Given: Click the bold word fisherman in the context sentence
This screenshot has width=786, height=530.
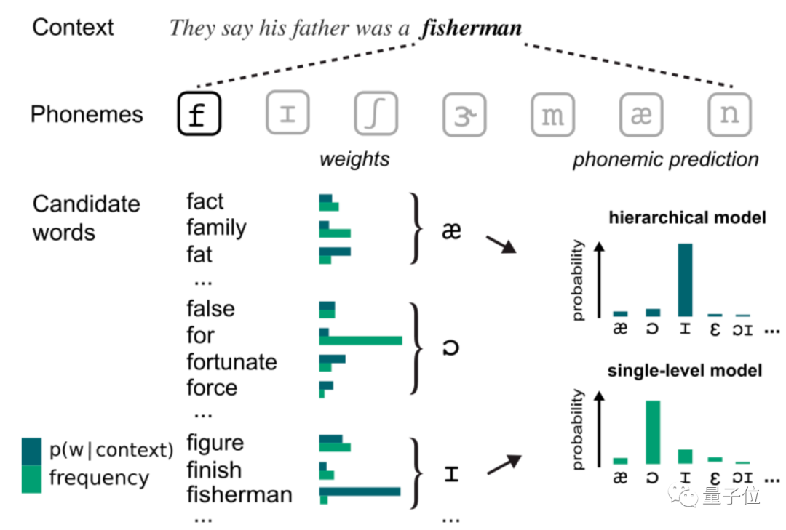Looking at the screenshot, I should point(472,28).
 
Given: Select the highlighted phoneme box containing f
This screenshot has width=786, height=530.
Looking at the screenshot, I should point(198,115).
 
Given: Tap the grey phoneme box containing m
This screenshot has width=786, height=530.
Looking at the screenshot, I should point(552,115).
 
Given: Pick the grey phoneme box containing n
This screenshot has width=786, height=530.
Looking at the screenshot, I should point(729,115).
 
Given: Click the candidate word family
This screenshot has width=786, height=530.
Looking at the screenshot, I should point(216,228).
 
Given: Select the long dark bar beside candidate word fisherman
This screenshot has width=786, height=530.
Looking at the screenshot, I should point(360,491).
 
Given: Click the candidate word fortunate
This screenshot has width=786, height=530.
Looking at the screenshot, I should point(231,362).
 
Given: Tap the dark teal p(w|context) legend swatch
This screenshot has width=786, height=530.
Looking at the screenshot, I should point(31,450).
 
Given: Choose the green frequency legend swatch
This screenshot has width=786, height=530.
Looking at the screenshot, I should point(31,478).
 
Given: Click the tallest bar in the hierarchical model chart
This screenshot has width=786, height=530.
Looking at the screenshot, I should point(686,280).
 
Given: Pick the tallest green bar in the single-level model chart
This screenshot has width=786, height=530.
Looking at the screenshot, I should point(653,433).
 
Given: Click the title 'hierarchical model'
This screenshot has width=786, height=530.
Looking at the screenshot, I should point(687,217).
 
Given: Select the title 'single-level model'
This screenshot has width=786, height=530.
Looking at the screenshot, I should point(685,371).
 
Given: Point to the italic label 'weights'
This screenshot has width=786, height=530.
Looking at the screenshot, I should point(354,159).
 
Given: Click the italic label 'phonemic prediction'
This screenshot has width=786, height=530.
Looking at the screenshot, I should point(665,160).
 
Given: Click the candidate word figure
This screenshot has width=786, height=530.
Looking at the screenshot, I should point(215,443).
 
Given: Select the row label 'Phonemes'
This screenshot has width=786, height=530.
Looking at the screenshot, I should point(87,115).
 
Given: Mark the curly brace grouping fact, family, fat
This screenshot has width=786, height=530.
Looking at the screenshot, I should point(417,229).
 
